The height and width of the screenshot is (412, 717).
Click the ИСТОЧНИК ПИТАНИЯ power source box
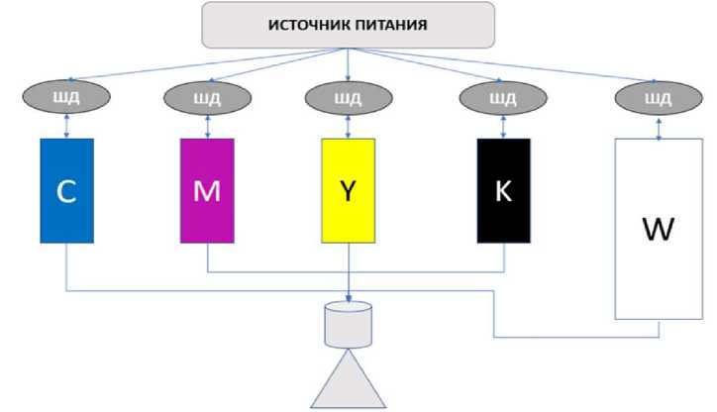click(x=348, y=25)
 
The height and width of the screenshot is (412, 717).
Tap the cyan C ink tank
click(x=66, y=190)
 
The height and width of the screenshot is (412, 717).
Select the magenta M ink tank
click(x=207, y=190)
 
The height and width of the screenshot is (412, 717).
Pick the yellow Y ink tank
click(x=349, y=190)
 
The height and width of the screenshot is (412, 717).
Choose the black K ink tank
click(x=503, y=190)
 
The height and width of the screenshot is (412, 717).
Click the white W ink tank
click(x=657, y=228)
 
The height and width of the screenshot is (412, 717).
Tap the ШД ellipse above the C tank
click(x=66, y=98)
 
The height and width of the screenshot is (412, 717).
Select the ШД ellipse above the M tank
click(x=207, y=98)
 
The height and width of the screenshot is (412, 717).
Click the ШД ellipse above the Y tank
click(x=349, y=98)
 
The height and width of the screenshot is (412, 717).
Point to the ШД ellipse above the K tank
click(x=503, y=98)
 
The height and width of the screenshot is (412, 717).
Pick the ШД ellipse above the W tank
click(x=658, y=98)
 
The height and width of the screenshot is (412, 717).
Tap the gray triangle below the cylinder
click(x=349, y=386)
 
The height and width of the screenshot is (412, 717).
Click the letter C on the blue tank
click(x=66, y=192)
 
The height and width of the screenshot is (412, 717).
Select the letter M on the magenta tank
click(x=207, y=191)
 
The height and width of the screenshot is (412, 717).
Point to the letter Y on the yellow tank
click(x=349, y=191)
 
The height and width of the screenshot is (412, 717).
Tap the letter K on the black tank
click(x=503, y=191)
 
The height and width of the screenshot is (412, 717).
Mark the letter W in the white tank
click(x=657, y=230)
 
